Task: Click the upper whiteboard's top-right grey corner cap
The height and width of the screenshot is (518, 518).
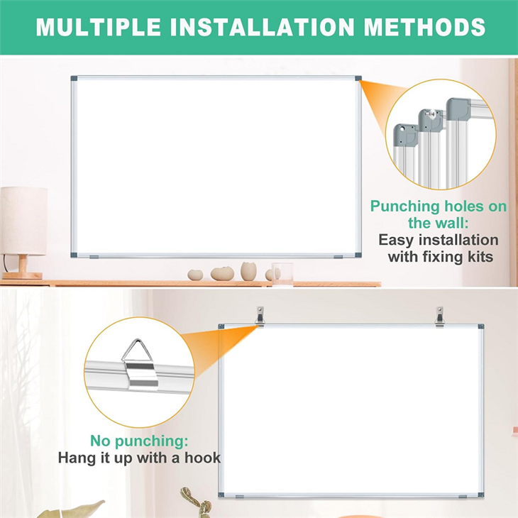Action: point(358,79)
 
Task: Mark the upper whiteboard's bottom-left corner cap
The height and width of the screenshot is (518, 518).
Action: point(74,255)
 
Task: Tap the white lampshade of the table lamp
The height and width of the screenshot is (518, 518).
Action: point(23,220)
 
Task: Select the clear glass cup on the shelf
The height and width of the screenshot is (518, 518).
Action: point(282,273)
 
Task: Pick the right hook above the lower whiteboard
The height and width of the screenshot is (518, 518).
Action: point(440,316)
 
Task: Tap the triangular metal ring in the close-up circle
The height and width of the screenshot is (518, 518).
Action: point(135,352)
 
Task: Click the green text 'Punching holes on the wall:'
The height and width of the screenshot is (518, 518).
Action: point(439,215)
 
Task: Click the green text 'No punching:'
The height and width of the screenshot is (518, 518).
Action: point(139,440)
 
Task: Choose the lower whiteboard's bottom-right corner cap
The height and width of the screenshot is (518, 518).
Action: point(480,495)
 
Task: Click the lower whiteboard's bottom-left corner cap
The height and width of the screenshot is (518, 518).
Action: point(221,495)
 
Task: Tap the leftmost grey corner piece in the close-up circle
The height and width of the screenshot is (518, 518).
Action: point(406,135)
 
